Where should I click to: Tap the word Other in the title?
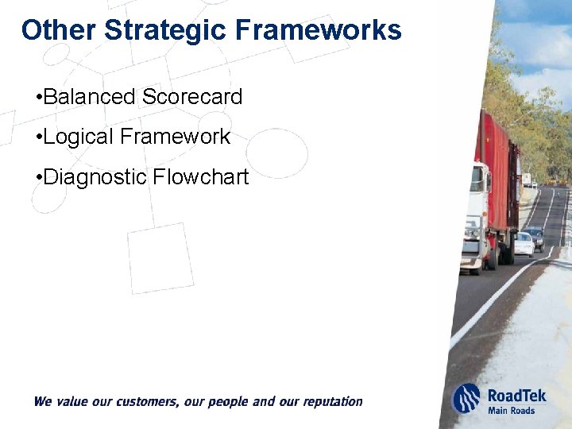pos(59,30)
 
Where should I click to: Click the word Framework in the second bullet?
pos(175,137)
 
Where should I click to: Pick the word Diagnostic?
pos(95,176)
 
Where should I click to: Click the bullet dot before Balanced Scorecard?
pos(39,98)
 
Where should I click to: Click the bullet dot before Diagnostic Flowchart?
pos(39,177)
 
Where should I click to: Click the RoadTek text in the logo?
pos(516,395)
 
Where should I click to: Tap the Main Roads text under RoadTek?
pos(511,411)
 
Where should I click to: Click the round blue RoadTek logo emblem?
pos(466,399)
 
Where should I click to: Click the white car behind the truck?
pos(524,243)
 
